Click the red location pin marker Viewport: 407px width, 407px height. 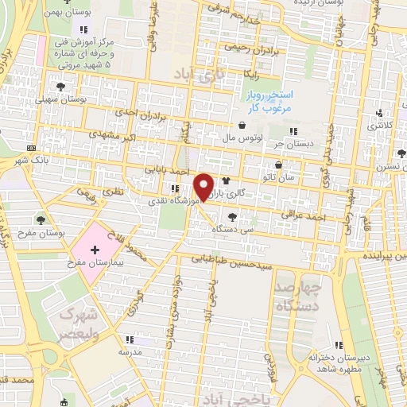click(204, 186)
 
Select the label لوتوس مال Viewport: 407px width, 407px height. click(239, 137)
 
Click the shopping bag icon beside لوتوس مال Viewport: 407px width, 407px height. click(241, 125)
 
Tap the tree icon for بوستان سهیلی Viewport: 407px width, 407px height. click(60, 87)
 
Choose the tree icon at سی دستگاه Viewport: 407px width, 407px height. click(231, 216)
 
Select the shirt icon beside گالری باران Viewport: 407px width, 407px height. click(226, 182)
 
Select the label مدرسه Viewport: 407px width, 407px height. click(130, 351)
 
